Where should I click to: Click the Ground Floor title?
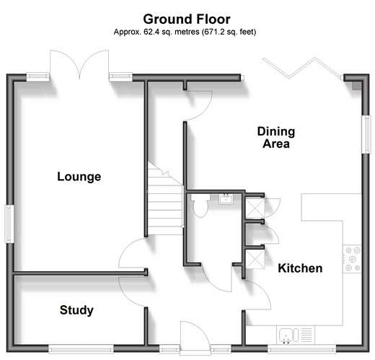(x=187, y=19)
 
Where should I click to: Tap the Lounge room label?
(x=79, y=177)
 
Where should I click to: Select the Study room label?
(x=76, y=310)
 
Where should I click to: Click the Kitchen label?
(x=300, y=268)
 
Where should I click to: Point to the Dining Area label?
(x=276, y=138)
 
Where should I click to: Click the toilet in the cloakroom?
(x=200, y=205)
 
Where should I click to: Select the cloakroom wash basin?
(x=226, y=199)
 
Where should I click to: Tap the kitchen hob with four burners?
(x=352, y=259)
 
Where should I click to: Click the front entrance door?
(x=195, y=336)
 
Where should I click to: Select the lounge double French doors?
(x=79, y=63)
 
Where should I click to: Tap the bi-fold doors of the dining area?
(x=302, y=68)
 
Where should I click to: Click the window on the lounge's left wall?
(x=9, y=224)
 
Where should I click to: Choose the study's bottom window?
(x=81, y=348)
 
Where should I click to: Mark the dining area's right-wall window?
(x=366, y=134)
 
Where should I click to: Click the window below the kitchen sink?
(x=301, y=348)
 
